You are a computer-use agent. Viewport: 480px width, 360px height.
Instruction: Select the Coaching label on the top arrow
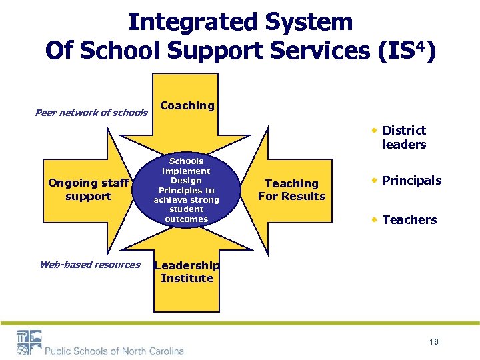pos(187,105)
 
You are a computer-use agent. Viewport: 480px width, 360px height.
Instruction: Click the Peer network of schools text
pos(91,112)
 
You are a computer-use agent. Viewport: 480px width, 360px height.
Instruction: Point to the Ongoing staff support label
pos(89,189)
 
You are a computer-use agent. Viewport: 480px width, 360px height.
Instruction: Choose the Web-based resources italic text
pos(90,265)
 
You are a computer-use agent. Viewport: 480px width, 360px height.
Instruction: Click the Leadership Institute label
pos(187,271)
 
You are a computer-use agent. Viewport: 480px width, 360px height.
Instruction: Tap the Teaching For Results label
pos(291,189)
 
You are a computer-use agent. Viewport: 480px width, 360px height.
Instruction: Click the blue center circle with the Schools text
pos(187,190)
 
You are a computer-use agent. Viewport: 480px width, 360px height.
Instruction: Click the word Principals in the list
pos(411,181)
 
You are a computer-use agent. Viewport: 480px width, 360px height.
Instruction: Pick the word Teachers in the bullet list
pos(409,220)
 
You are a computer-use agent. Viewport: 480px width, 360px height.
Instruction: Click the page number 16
pos(433,341)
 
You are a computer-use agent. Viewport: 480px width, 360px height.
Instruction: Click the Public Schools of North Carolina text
pos(115,351)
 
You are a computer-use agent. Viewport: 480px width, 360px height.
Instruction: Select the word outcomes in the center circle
pos(187,219)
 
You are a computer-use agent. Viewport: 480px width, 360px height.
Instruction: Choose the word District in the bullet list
pos(404,131)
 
